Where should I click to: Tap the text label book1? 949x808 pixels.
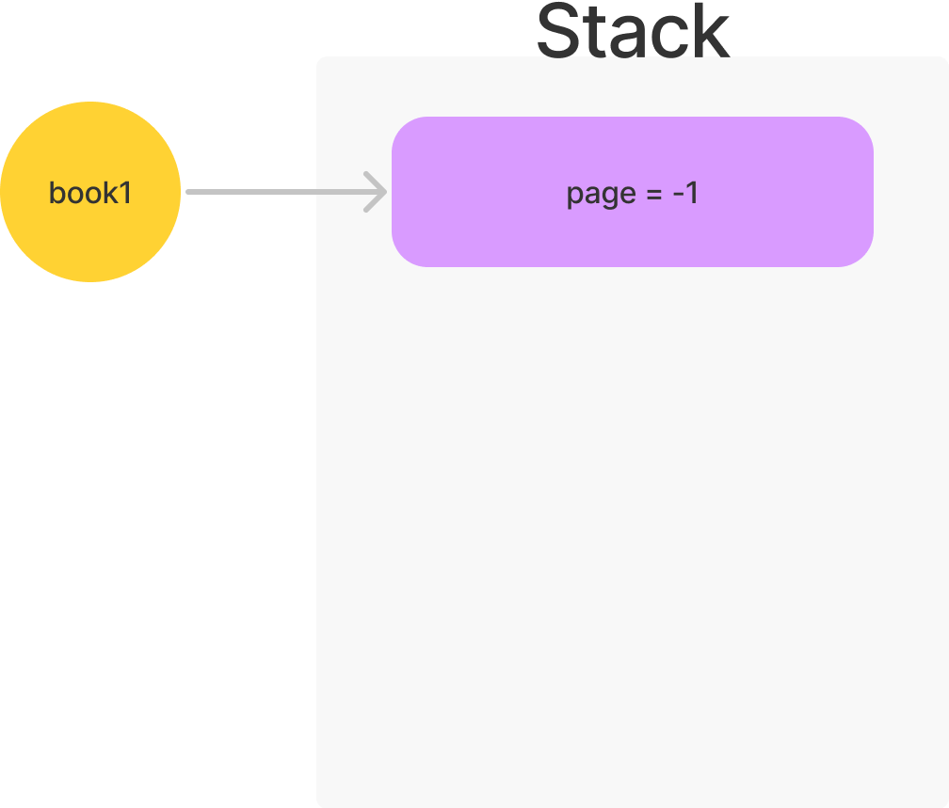pos(90,193)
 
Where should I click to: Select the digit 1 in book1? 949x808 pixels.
pos(127,193)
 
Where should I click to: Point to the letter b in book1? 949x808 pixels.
pos(56,193)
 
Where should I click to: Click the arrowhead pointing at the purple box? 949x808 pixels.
pos(379,192)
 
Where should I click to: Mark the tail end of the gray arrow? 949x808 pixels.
pos(189,192)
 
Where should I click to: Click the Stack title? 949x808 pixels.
pos(632,33)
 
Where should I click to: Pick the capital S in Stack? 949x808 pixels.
pos(557,33)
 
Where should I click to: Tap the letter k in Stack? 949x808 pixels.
pos(713,33)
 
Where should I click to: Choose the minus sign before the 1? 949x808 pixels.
pos(676,194)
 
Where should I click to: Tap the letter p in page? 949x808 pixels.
pos(573,195)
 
